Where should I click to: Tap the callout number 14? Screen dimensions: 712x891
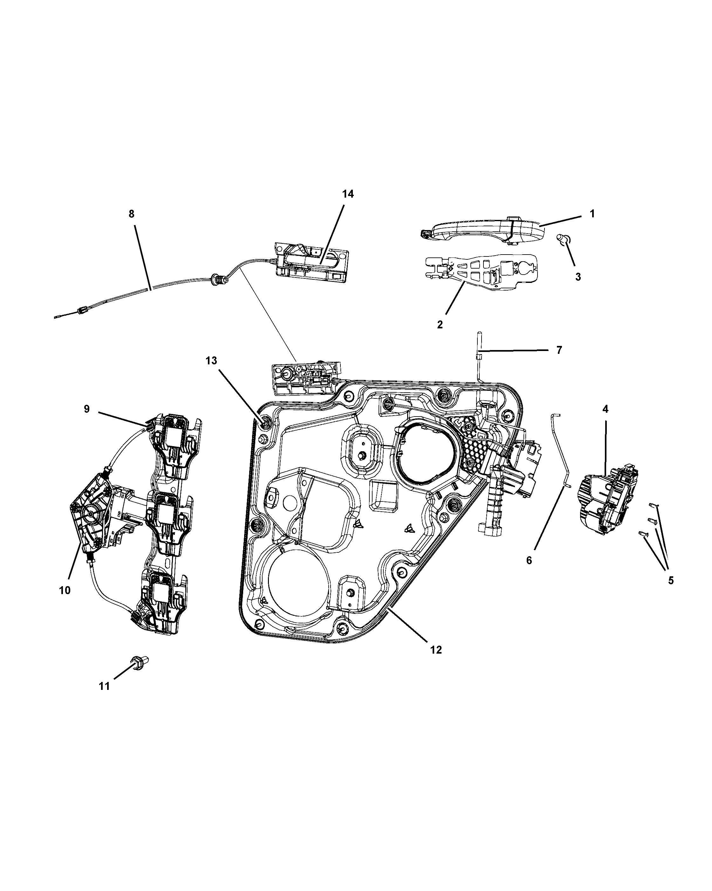point(348,194)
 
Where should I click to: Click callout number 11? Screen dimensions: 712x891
point(105,686)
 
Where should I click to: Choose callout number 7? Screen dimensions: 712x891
point(559,350)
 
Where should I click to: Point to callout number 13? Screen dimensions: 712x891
point(211,361)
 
